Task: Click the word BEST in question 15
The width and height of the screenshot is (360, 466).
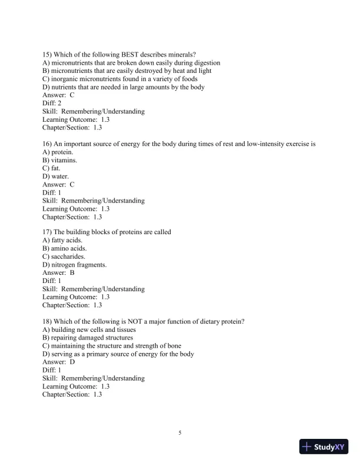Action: click(122, 55)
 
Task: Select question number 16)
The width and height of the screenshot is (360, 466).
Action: click(49, 144)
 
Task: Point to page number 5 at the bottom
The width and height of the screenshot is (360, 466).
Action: click(180, 433)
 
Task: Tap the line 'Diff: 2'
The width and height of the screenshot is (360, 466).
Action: click(52, 103)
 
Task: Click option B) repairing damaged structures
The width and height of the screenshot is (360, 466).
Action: click(88, 338)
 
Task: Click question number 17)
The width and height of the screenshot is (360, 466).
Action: click(49, 232)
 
